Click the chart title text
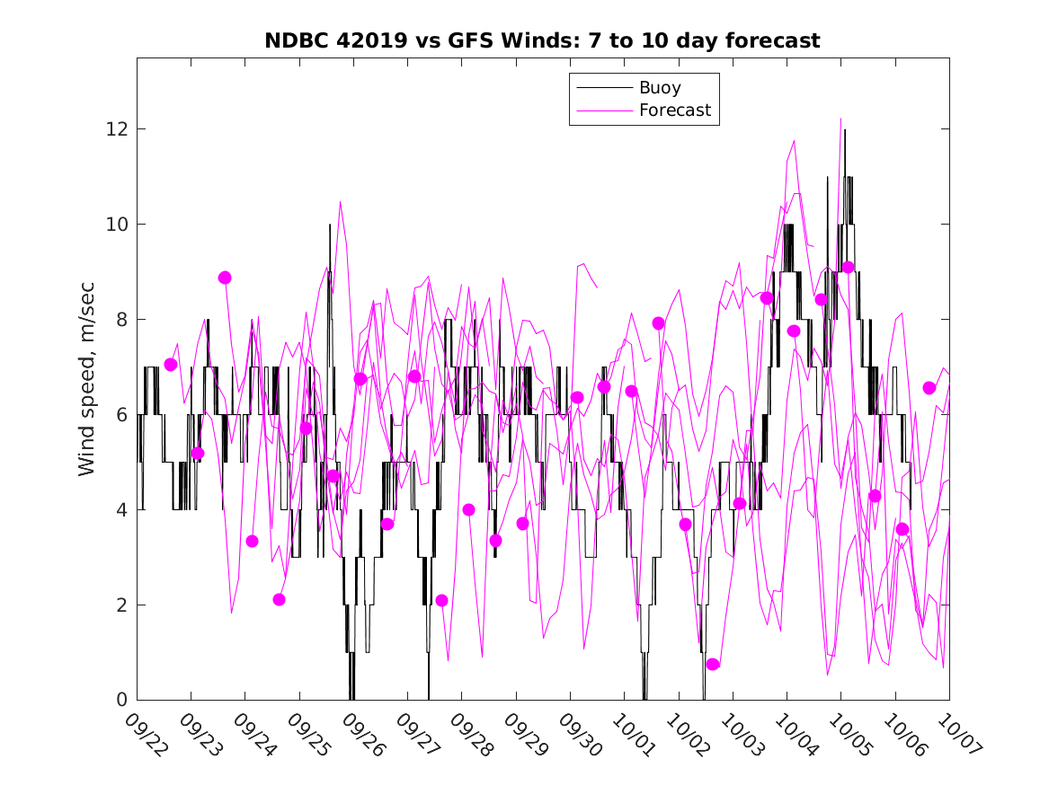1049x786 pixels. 542,41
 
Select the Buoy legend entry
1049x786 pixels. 660,88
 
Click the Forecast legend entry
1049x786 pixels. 674,110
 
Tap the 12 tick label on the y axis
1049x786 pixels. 114,129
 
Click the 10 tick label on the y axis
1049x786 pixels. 114,225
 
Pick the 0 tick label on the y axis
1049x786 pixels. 120,700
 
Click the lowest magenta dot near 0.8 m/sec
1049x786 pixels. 713,664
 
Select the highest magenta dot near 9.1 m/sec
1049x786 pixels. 848,268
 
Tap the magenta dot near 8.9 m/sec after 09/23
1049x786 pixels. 225,278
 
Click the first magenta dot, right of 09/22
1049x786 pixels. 171,365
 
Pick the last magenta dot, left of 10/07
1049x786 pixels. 929,388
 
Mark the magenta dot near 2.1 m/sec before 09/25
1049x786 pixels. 279,599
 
